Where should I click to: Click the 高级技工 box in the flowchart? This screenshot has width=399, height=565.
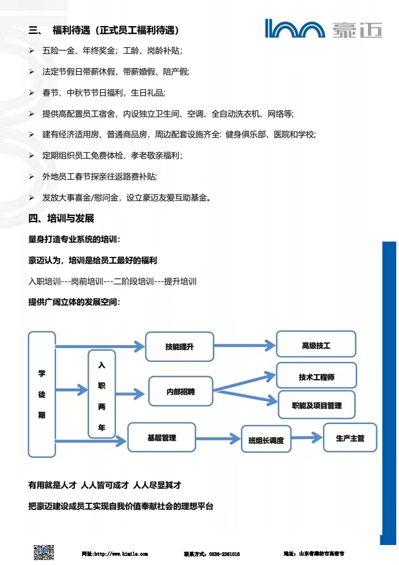(x=316, y=346)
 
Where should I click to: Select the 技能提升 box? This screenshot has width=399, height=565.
(x=179, y=347)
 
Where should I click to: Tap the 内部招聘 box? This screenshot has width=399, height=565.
(x=181, y=392)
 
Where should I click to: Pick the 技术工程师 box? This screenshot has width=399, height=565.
(x=316, y=377)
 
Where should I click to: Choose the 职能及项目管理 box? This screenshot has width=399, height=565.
(x=316, y=406)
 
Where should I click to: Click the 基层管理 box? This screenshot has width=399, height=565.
(x=162, y=438)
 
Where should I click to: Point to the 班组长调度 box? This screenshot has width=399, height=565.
(x=266, y=441)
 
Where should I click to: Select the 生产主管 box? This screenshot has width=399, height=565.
(x=350, y=438)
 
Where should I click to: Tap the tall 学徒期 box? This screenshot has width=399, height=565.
(x=42, y=394)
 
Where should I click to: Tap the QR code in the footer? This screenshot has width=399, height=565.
(x=44, y=553)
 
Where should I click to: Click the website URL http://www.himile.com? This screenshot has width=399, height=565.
(x=115, y=554)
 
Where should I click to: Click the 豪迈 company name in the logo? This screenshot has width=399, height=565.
(x=357, y=29)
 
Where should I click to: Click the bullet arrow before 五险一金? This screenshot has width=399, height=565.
(x=31, y=51)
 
